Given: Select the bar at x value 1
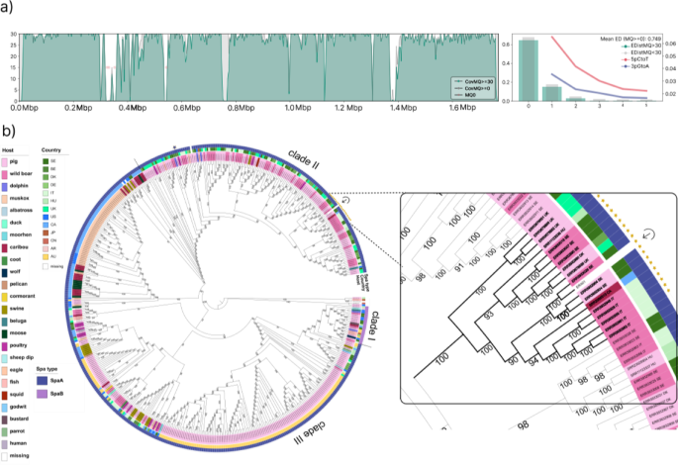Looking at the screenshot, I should pyautogui.click(x=552, y=93).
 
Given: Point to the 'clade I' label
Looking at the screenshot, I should pyautogui.click(x=381, y=323).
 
